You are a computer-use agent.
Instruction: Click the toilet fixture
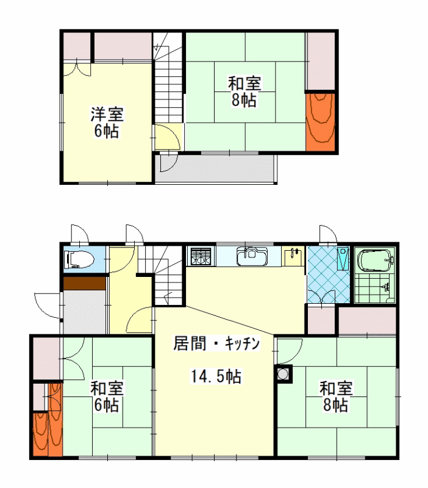pyautogui.click(x=79, y=259)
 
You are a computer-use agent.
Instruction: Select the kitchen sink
pyautogui.click(x=252, y=256)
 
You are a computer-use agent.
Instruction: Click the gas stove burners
pyautogui.click(x=201, y=256)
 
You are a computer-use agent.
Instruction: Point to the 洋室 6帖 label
pyautogui.click(x=107, y=123)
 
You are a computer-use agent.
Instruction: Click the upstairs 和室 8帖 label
pyautogui.click(x=244, y=91)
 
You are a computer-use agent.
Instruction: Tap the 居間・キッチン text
pyautogui.click(x=216, y=344)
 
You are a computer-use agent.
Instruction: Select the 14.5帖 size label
pyautogui.click(x=216, y=376)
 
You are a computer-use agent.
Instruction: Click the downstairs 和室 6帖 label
pyautogui.click(x=107, y=396)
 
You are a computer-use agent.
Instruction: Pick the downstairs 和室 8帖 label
pyautogui.click(x=336, y=396)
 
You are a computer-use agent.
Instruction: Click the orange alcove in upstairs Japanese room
pyautogui.click(x=320, y=121)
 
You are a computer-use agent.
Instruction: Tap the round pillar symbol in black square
pyautogui.click(x=284, y=373)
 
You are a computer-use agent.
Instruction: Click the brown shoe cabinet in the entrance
pyautogui.click(x=85, y=283)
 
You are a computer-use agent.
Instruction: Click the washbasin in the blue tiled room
pyautogui.click(x=343, y=258)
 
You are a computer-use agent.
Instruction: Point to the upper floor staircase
pyautogui.click(x=168, y=78)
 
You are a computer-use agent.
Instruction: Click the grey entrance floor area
pyautogui.click(x=85, y=312)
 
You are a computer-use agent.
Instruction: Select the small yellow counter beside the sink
pyautogui.click(x=293, y=256)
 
